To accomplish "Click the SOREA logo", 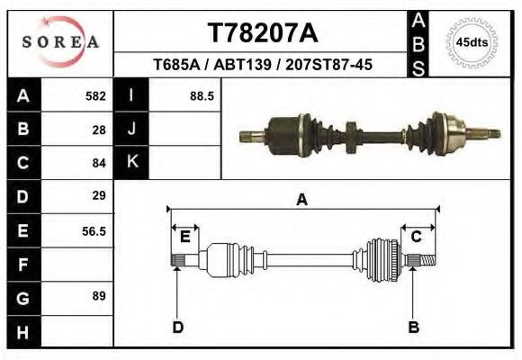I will (59, 41).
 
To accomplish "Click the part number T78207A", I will (262, 32).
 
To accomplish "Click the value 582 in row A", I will (95, 95).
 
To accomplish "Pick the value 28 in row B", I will (99, 129).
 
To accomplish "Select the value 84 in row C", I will (99, 163).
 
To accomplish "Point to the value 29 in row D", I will (99, 195).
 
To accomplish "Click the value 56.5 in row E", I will (94, 230).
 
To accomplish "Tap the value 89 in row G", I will (99, 296).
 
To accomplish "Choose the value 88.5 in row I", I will (201, 95).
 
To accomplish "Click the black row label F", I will (22, 265).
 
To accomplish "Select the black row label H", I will (22, 331).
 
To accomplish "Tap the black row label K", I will (132, 162).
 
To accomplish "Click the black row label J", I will (132, 129).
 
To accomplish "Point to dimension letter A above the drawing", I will (302, 201).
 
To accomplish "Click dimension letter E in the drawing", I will (184, 237).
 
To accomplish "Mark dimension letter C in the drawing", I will (417, 237).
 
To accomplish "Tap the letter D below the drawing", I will (177, 327).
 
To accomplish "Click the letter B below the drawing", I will (413, 327).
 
